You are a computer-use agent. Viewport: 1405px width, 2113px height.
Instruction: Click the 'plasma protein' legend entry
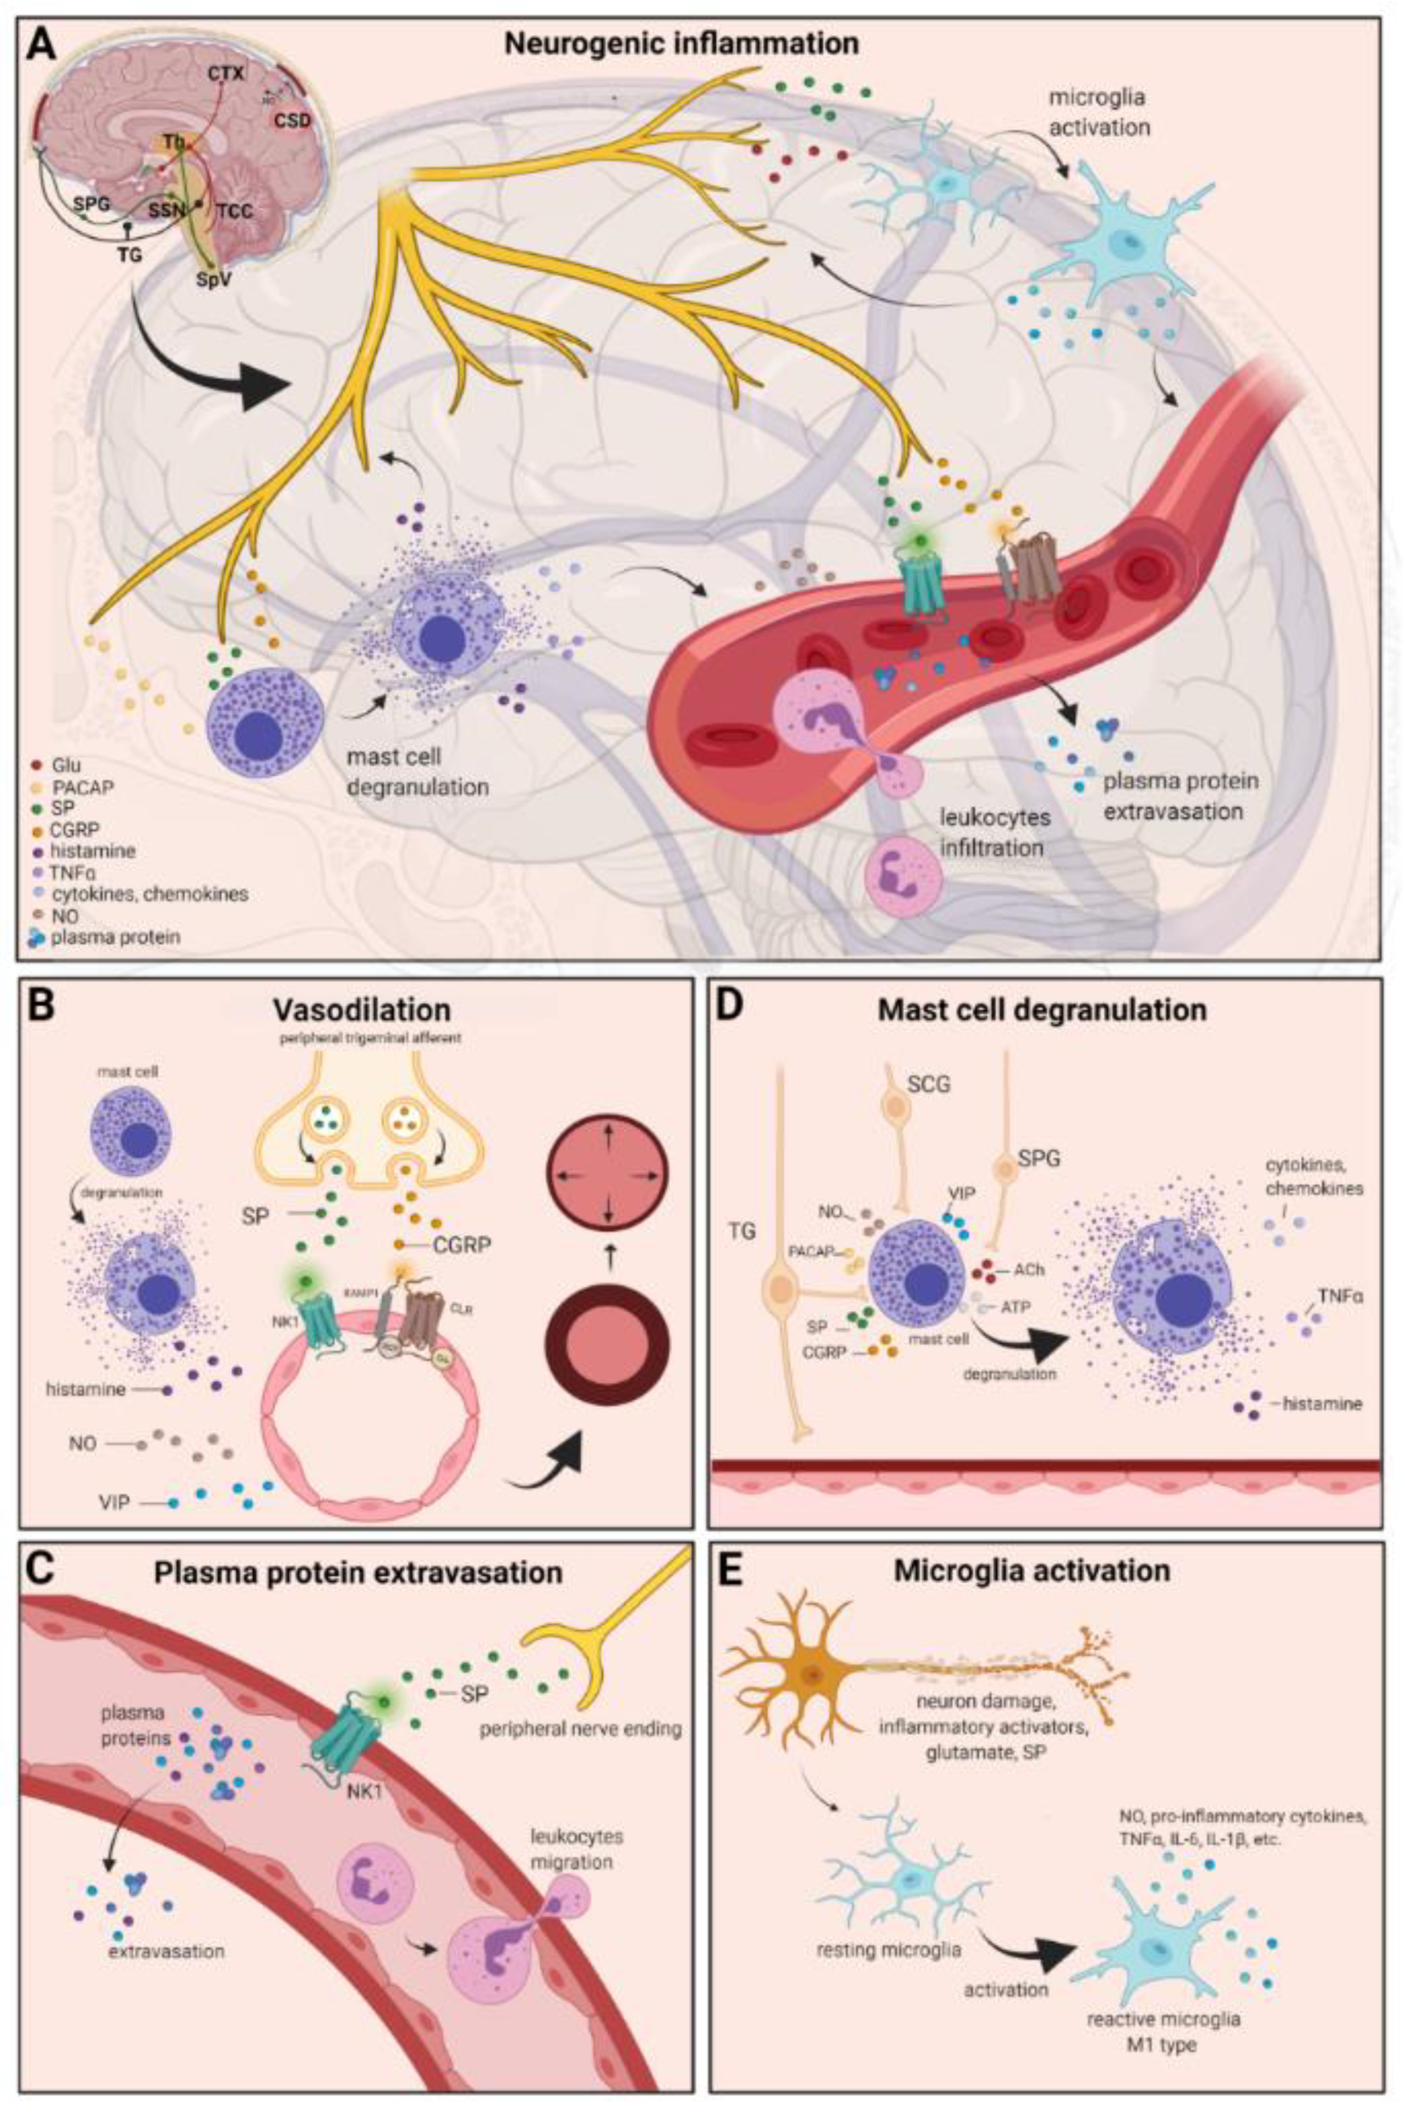pyautogui.click(x=115, y=937)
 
